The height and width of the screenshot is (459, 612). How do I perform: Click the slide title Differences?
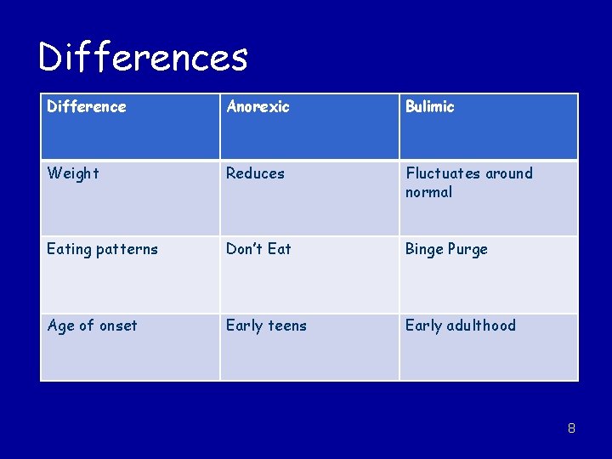pos(143,58)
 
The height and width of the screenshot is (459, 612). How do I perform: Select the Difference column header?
pos(87,107)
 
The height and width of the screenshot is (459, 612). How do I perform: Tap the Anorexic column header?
pos(258,107)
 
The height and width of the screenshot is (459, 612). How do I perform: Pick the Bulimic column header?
pos(430,107)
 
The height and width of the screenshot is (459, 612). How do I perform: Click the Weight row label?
pos(73,173)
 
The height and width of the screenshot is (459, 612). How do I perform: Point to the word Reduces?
pos(255,173)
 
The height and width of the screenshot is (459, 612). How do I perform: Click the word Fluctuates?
pos(444,173)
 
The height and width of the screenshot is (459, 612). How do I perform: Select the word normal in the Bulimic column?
pos(429,192)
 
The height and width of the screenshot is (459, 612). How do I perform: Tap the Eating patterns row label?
pos(102,249)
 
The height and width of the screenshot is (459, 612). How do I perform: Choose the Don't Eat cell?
pos(258,249)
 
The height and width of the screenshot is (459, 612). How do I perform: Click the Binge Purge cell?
pos(446,249)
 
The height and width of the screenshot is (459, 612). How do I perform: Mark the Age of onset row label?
pos(92,326)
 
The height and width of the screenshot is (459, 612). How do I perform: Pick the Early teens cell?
pos(266,326)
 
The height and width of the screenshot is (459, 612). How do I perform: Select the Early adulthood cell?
pos(460,326)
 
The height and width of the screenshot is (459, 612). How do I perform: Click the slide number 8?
pos(571,428)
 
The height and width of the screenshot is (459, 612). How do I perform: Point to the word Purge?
pos(468,249)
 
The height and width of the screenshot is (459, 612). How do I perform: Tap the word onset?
pos(118,326)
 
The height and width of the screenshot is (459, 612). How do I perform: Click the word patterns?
pos(127,249)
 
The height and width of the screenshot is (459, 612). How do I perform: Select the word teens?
pos(286,326)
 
